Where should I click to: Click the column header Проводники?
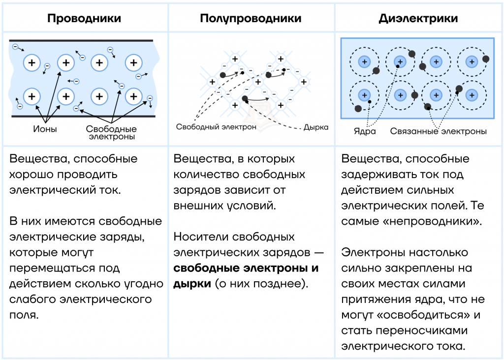pos(84,18)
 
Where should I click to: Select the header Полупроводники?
pos(251,18)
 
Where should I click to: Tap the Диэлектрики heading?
pos(418,18)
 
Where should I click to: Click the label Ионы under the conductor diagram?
pos(45,129)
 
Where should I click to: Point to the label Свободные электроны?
pos(111,133)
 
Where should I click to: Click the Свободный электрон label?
pos(216,127)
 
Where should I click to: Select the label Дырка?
pos(316,127)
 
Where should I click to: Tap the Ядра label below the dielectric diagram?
pos(365,131)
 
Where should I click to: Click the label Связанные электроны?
pos(439,131)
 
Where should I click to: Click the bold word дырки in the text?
pos(192,284)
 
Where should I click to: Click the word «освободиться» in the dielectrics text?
pos(423,315)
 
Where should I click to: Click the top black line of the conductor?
pos(81,41)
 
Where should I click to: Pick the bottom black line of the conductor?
pos(84,116)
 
